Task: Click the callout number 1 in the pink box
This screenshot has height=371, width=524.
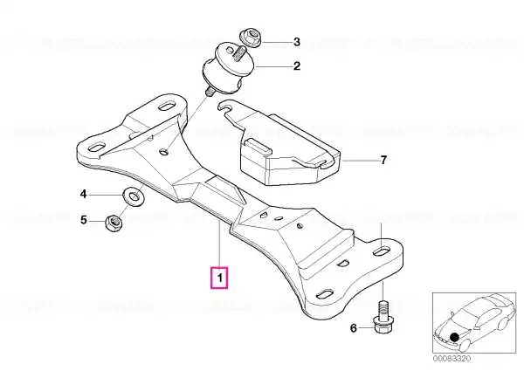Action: click(x=219, y=278)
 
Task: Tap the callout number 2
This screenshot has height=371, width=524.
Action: click(x=297, y=65)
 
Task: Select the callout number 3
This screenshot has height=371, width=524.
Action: click(x=297, y=42)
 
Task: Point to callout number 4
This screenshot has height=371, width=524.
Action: click(x=83, y=194)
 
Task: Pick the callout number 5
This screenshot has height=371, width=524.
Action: click(x=84, y=220)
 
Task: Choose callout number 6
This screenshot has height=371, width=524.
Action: click(x=354, y=328)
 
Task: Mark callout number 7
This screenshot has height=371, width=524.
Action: click(x=383, y=160)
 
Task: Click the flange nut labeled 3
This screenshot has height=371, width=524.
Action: click(x=251, y=38)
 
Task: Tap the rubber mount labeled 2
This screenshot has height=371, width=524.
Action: click(x=228, y=68)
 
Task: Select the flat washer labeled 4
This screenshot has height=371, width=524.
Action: click(x=134, y=196)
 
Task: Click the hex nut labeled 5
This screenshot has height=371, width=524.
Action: click(x=114, y=223)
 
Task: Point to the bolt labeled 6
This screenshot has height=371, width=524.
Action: click(x=383, y=318)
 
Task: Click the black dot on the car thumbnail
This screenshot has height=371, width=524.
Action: click(x=454, y=337)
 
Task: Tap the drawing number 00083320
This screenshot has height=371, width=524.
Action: click(x=452, y=358)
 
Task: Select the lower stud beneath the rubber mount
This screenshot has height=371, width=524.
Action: click(x=210, y=91)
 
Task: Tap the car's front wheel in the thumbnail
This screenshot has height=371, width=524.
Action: click(x=465, y=344)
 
